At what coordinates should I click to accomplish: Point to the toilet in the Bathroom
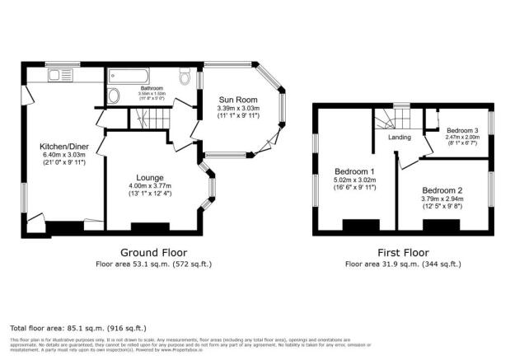click(x=187, y=77)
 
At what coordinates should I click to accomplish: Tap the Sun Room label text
click(x=236, y=97)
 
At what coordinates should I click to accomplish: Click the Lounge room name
click(x=151, y=178)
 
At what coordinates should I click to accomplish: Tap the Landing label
click(x=400, y=138)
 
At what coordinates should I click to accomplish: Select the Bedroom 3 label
click(x=462, y=131)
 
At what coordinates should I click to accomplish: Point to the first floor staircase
click(x=386, y=124)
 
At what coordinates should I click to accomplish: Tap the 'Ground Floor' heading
click(x=153, y=252)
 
